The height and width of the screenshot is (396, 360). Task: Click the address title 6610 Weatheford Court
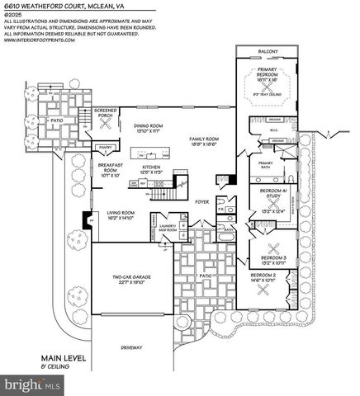52,7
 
